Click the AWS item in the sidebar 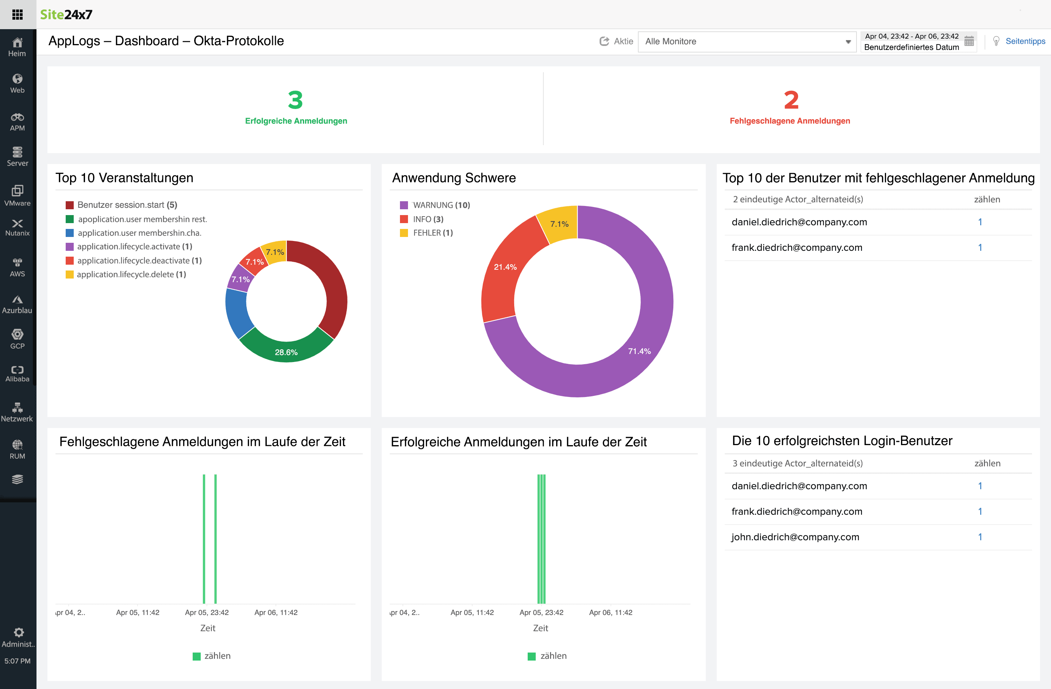[17, 267]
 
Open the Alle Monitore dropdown [747, 42]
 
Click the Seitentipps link [1024, 41]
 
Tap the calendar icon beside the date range [969, 42]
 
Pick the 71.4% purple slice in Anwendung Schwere [639, 351]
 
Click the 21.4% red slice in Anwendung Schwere [505, 267]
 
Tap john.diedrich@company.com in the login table [795, 537]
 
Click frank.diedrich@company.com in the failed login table [796, 248]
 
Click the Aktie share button [616, 41]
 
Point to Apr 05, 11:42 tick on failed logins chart [137, 612]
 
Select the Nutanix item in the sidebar [17, 227]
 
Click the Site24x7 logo [66, 15]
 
